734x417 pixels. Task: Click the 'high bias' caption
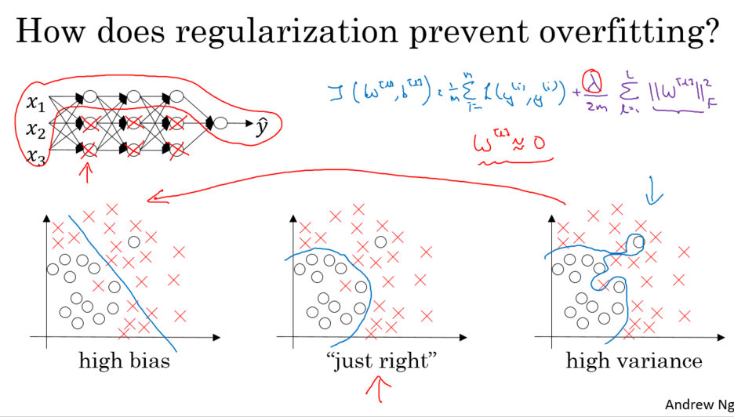tap(125, 361)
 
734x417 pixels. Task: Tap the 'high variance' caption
tap(634, 361)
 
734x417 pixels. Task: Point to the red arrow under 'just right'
tap(380, 390)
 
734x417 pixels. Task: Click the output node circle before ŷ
tap(221, 123)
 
